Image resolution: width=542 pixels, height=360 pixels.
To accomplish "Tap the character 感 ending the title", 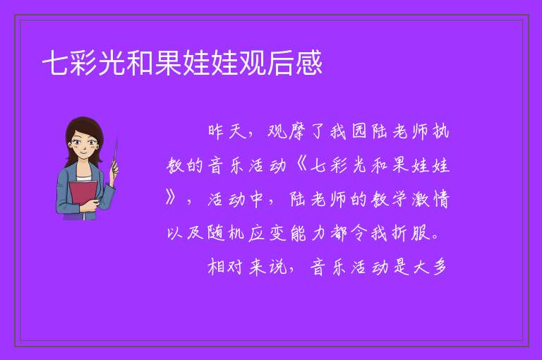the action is (308, 63).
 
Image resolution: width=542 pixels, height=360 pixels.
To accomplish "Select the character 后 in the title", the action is (280, 63).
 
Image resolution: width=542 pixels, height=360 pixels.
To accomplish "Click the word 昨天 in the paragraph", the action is (227, 131).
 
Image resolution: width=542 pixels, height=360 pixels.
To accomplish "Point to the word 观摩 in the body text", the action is (288, 131).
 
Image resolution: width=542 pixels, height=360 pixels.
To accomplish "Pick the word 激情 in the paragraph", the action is (430, 200).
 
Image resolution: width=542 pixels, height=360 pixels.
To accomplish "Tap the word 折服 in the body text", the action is (411, 234).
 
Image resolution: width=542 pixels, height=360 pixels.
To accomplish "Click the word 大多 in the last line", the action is (430, 267).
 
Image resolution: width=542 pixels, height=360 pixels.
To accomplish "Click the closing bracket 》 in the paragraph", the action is (171, 199).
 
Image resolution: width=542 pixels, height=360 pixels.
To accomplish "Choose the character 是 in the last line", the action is (401, 267).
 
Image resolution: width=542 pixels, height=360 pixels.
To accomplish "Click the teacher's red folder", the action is (83, 196).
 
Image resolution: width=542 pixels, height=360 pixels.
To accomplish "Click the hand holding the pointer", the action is (114, 169).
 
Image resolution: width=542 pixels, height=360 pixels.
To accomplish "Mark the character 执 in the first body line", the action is (440, 131).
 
